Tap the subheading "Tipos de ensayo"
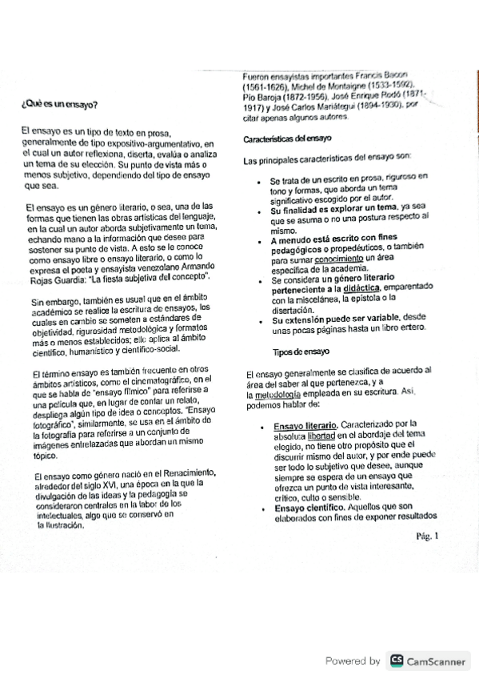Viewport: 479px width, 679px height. (x=300, y=352)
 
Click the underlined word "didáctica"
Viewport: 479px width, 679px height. (x=362, y=287)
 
